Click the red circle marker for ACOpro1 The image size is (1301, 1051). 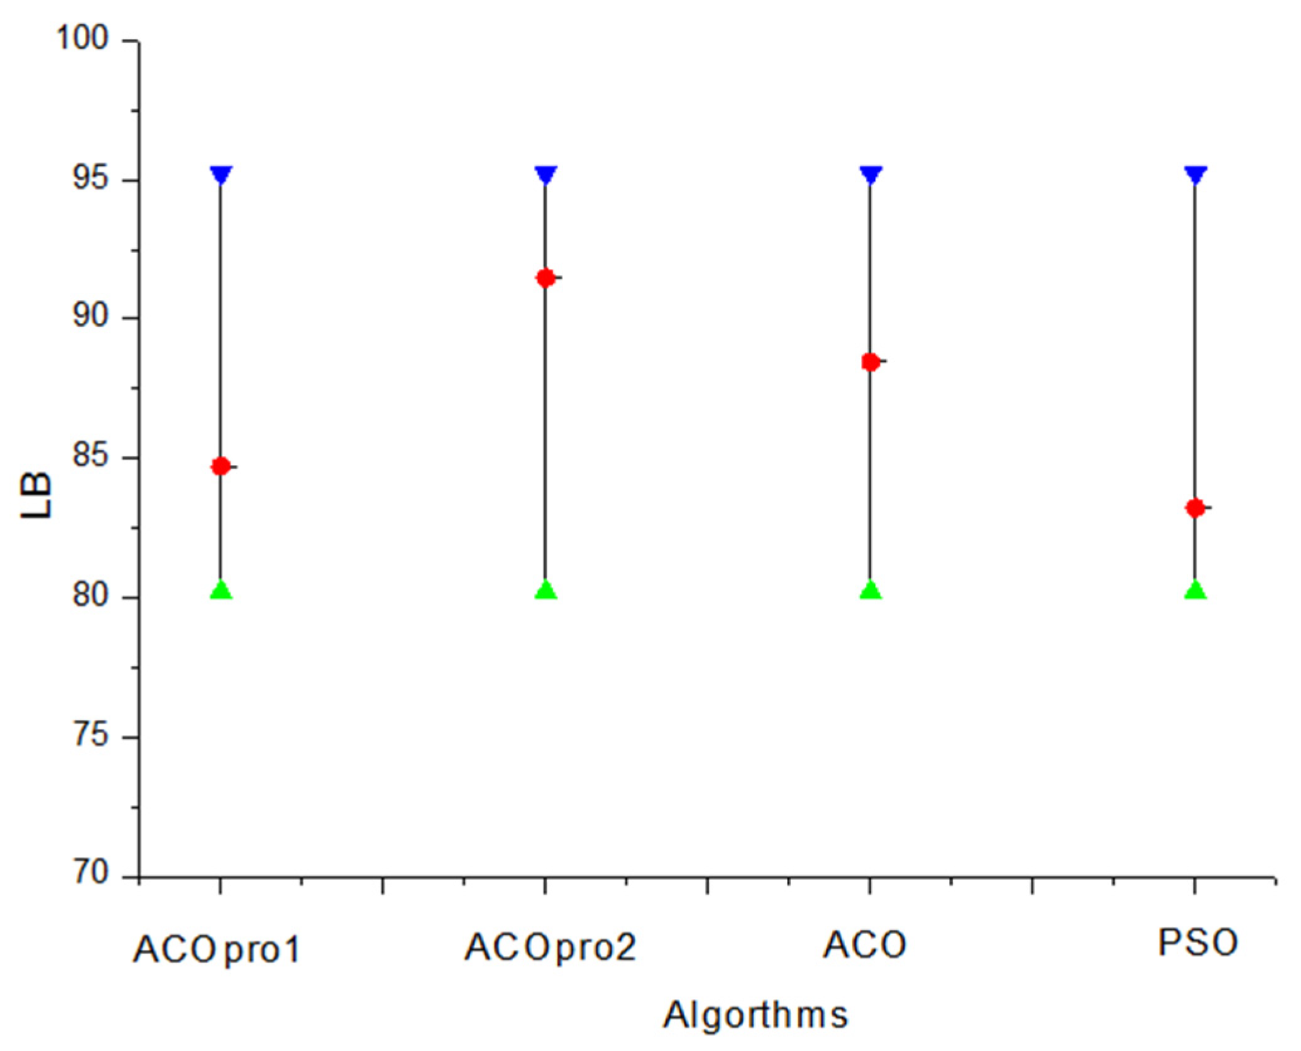(x=221, y=466)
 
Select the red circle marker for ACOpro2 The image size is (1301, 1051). (x=546, y=278)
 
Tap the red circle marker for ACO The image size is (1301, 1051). (x=870, y=362)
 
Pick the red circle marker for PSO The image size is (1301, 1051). (x=1195, y=508)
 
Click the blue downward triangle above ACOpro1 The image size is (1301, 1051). (x=221, y=175)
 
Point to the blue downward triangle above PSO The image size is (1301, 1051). (x=1195, y=175)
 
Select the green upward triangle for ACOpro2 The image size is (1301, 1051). (x=546, y=591)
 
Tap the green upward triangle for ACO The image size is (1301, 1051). (x=870, y=591)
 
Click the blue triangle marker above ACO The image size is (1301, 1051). (x=870, y=175)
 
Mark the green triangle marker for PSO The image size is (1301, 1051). (x=1195, y=591)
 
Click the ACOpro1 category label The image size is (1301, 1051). (x=217, y=949)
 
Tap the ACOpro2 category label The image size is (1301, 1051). (x=550, y=947)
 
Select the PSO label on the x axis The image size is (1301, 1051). (x=1198, y=943)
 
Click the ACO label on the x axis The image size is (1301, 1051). (x=865, y=945)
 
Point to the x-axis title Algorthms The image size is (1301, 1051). (x=756, y=1015)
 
